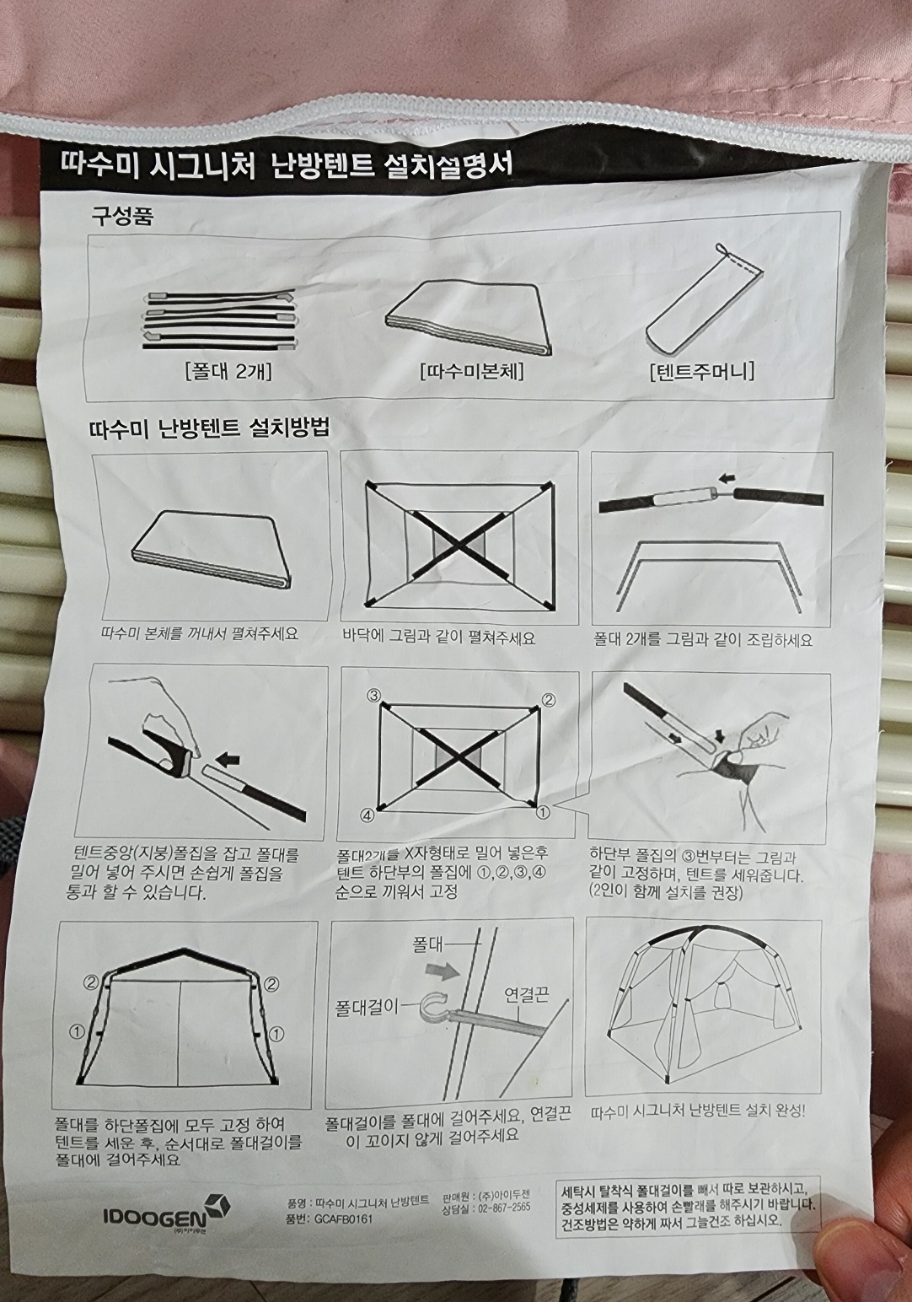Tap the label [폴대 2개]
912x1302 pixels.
229,372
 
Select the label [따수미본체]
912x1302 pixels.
472,371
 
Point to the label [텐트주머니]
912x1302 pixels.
702,370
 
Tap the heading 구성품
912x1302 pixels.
122,217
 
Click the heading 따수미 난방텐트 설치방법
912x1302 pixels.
210,428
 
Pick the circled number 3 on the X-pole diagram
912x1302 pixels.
374,695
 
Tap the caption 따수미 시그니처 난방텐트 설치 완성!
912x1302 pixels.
698,1112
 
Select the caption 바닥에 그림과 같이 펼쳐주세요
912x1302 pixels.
438,638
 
